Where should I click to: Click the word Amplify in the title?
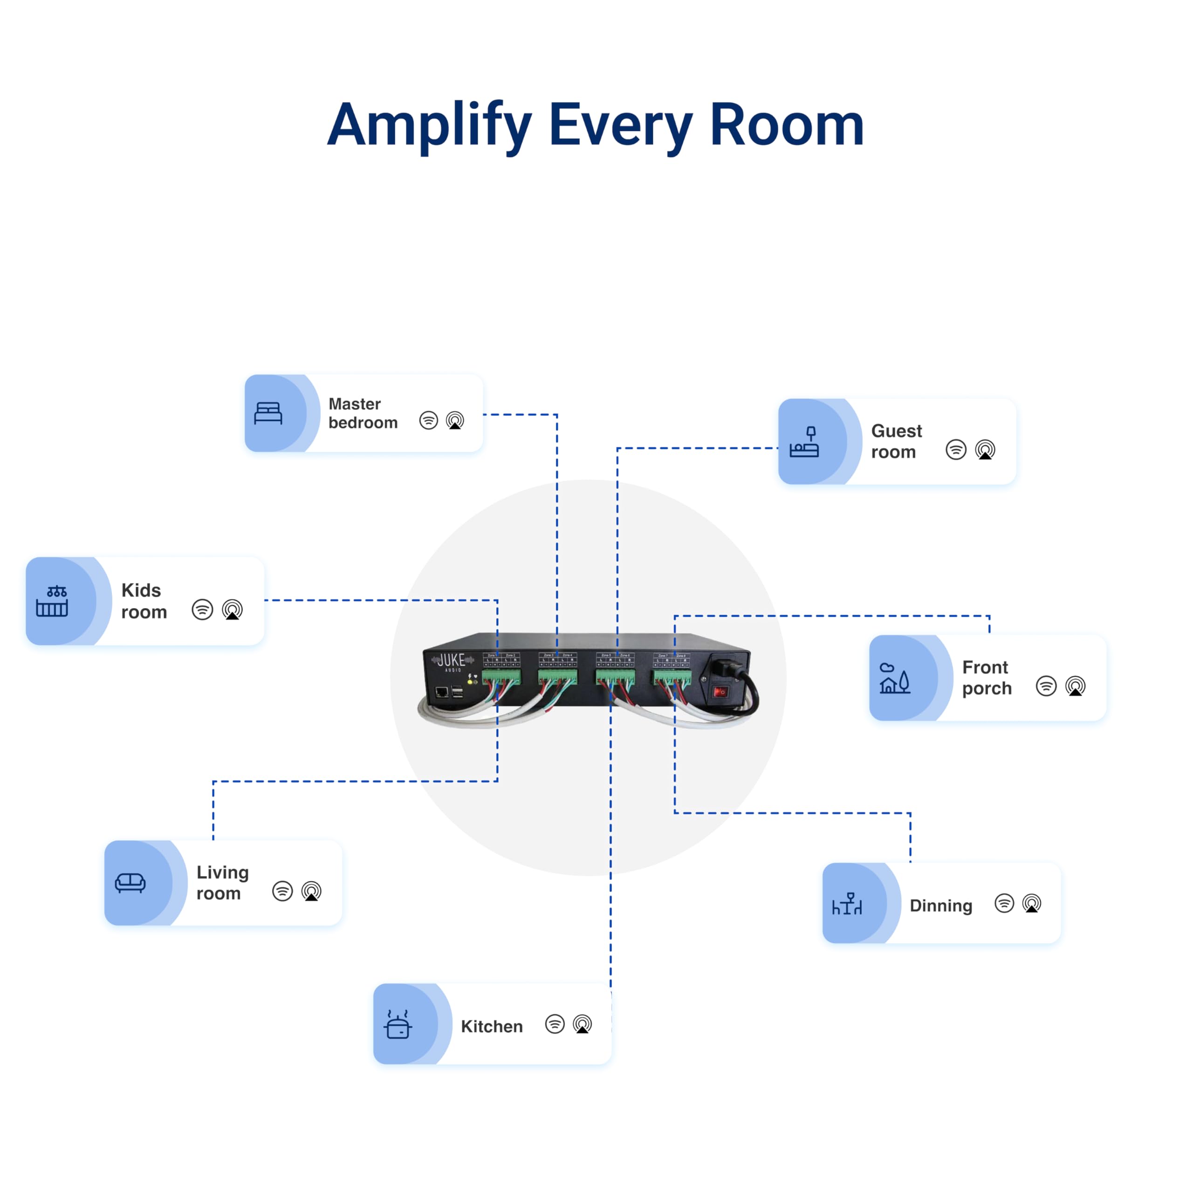point(429,125)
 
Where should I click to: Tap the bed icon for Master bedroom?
point(268,413)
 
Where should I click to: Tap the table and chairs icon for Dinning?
point(847,904)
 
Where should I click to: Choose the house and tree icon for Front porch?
point(894,678)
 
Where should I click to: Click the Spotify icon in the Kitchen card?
point(555,1024)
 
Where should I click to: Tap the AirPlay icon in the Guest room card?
point(985,450)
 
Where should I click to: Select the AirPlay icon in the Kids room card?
point(232,610)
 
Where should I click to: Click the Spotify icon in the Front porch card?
point(1046,686)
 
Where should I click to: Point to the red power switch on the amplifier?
point(720,692)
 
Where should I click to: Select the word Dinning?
point(940,906)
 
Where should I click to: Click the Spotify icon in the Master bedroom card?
point(429,420)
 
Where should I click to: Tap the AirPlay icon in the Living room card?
point(311,891)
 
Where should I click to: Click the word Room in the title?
point(787,125)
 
